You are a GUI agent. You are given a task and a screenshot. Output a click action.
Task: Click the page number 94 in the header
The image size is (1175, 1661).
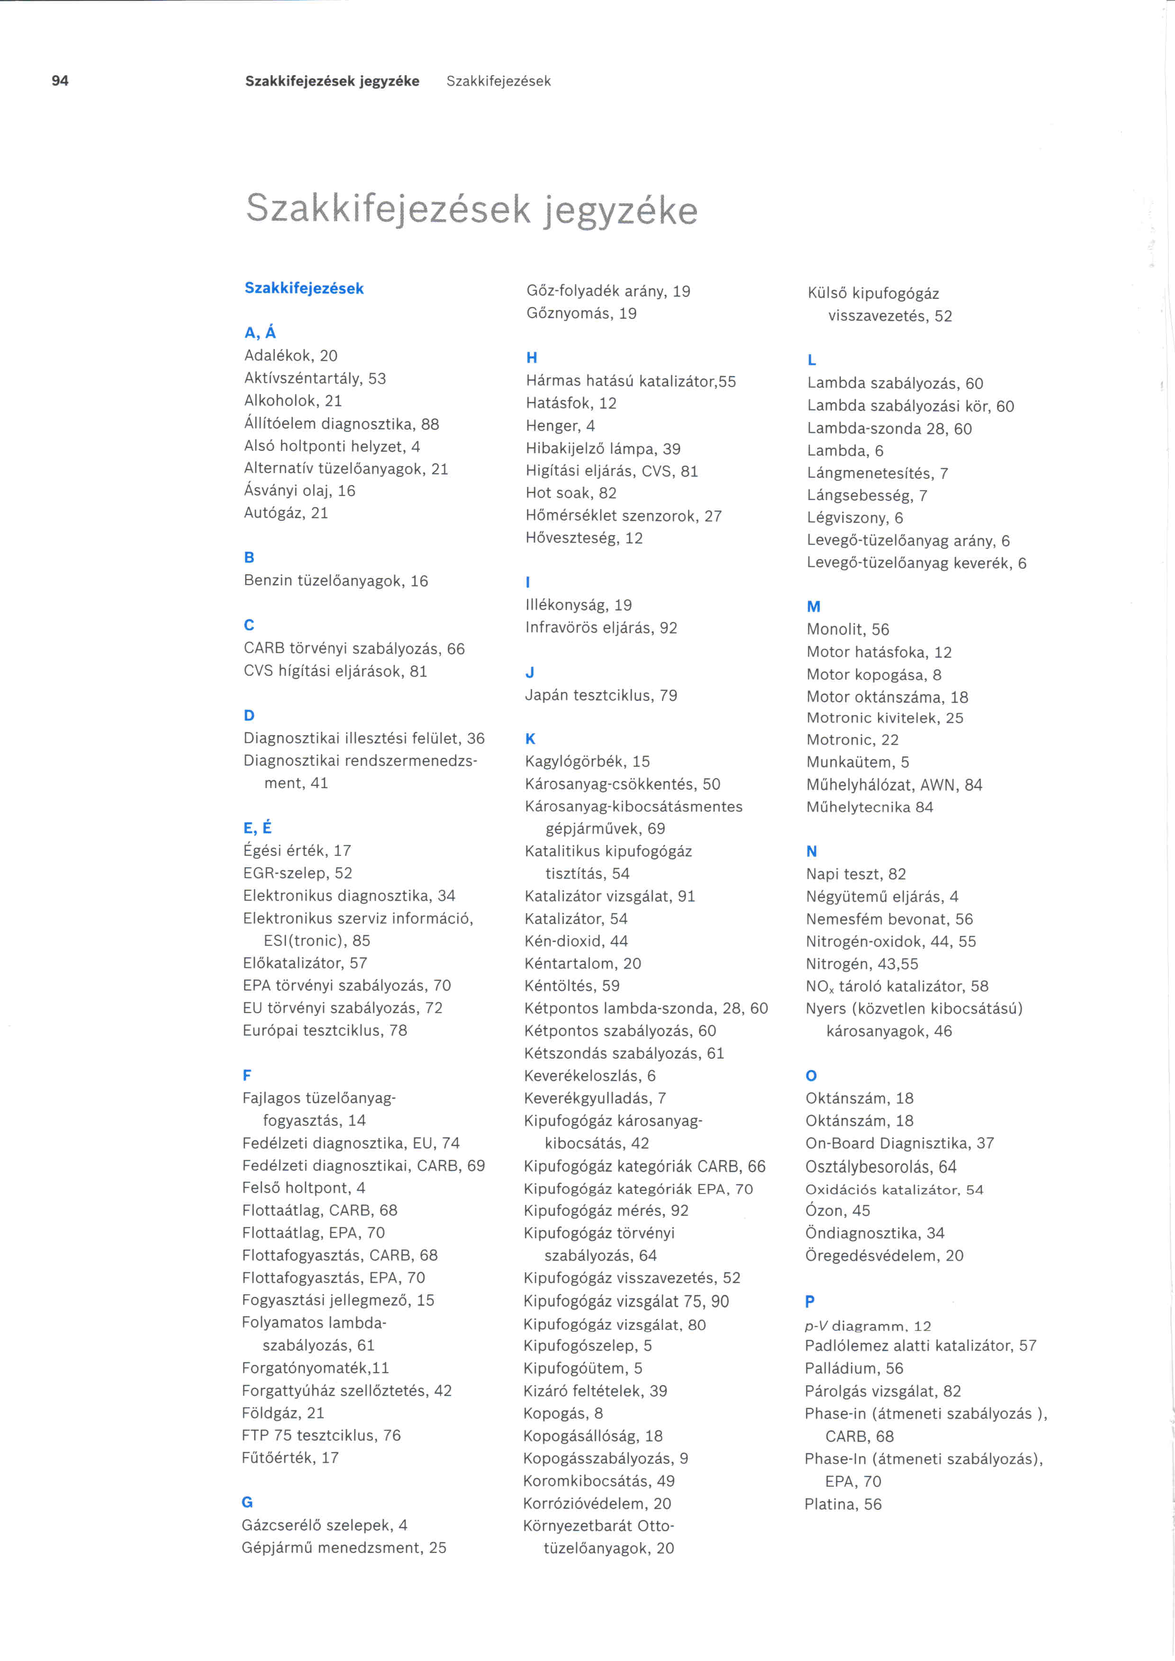click(x=60, y=81)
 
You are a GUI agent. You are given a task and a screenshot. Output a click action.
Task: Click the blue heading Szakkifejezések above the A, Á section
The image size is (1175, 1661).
click(x=304, y=288)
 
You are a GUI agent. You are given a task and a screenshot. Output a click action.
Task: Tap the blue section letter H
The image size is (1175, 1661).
click(x=532, y=358)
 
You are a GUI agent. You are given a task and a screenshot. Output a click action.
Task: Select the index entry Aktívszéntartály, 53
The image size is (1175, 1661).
click(x=315, y=378)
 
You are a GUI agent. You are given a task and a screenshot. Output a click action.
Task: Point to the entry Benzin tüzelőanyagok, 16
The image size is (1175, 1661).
click(x=336, y=581)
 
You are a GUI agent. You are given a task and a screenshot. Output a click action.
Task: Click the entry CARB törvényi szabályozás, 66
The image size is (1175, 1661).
click(x=354, y=648)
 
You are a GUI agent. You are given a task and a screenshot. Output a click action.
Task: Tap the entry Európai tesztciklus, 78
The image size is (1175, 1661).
click(x=325, y=1030)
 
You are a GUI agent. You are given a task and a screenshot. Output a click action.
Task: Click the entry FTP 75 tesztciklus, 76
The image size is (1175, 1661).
click(x=321, y=1435)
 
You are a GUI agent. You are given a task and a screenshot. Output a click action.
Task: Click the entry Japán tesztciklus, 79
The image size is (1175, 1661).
click(x=600, y=695)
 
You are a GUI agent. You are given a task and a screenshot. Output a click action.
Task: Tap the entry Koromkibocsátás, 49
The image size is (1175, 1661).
click(x=598, y=1481)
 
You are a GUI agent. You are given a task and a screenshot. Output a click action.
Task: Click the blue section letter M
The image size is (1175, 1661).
click(x=813, y=606)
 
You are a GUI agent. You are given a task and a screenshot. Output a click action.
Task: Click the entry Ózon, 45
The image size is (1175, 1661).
click(x=837, y=1210)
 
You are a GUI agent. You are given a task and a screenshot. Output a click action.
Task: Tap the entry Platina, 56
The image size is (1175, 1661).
click(x=843, y=1504)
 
